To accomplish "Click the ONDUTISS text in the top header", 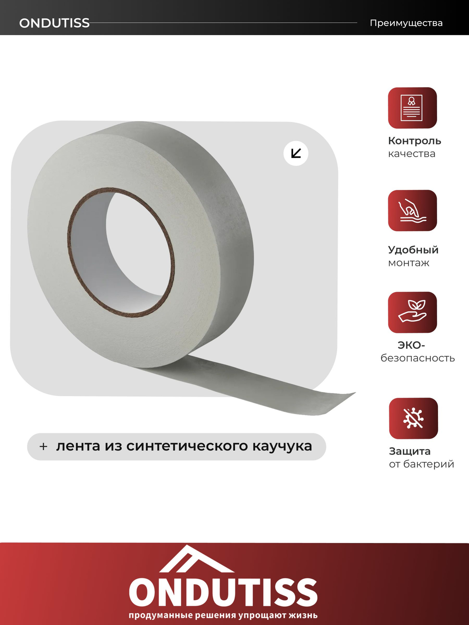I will click(54, 23).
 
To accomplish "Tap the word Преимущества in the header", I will click(406, 23).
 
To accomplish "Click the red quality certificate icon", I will click(412, 108).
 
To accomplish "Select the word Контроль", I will click(415, 141).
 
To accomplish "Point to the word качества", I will click(412, 154).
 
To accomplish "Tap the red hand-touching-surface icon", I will click(412, 211).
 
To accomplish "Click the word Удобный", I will click(413, 250).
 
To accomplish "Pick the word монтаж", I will click(408, 263).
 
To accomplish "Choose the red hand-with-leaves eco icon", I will click(412, 312).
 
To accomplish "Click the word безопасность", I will click(417, 358).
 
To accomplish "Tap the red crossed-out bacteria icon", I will click(413, 418).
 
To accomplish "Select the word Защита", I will click(409, 451).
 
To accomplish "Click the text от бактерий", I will click(421, 464).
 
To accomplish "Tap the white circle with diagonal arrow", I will click(296, 153).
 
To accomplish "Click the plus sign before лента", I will click(44, 446).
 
